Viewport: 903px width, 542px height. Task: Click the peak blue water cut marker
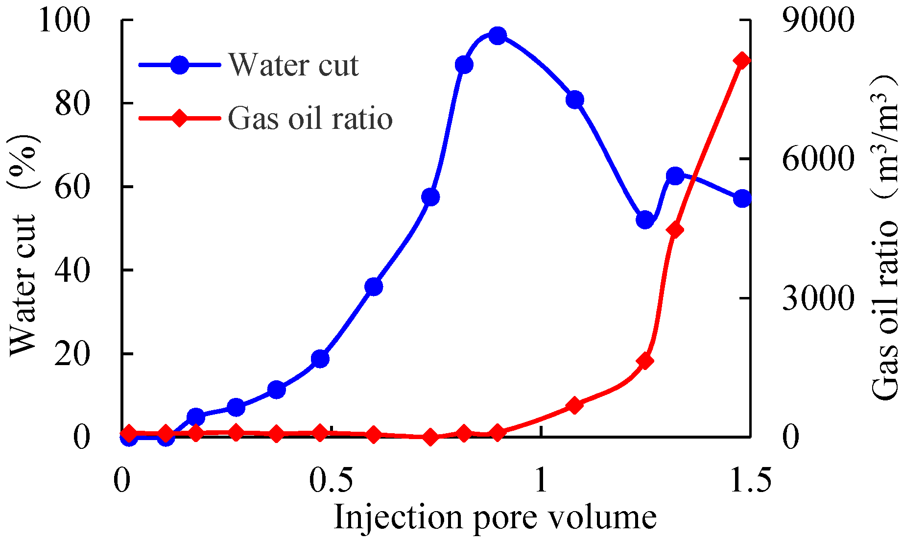point(498,36)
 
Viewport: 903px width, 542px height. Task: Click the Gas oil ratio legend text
point(310,118)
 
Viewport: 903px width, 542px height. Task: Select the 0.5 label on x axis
point(332,481)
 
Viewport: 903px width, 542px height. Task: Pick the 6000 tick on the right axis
point(817,160)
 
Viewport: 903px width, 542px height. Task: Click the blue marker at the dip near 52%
point(645,220)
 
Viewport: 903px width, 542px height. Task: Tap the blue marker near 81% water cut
point(575,100)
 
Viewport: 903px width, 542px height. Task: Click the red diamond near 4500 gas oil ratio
point(675,230)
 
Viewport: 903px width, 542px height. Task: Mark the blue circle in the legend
point(180,65)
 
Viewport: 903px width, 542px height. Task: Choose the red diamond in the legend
point(180,118)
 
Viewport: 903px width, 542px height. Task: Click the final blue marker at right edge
point(742,198)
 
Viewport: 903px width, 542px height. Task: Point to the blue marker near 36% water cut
point(374,287)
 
